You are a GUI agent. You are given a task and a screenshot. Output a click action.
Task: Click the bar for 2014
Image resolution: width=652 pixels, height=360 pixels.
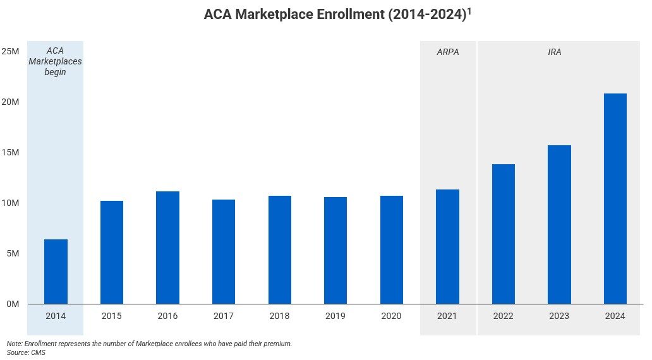[x=56, y=272]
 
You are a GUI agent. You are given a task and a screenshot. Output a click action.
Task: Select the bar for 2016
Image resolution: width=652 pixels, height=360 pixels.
[x=167, y=248]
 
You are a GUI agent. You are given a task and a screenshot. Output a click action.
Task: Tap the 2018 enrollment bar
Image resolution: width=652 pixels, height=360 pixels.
[x=279, y=250]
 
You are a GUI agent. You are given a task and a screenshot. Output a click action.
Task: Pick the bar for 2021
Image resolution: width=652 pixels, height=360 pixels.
[x=447, y=247]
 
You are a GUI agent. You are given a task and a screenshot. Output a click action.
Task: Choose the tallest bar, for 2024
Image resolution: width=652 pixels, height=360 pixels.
[x=615, y=199]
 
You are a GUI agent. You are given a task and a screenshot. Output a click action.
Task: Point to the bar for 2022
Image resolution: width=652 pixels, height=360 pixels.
[x=503, y=234]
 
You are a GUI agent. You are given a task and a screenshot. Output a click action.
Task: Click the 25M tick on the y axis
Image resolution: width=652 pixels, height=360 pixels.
[x=10, y=51]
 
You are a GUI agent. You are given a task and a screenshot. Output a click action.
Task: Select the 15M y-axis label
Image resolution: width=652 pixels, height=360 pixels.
[x=10, y=152]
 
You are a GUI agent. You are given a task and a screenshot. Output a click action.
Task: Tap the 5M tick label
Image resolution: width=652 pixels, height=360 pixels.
[x=13, y=253]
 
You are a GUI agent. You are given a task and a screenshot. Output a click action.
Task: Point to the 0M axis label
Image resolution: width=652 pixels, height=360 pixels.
[x=13, y=304]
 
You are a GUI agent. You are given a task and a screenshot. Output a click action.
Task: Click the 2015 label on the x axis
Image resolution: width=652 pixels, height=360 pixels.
[x=111, y=316]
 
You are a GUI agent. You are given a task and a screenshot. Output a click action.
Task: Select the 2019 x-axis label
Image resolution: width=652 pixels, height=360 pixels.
[x=335, y=316]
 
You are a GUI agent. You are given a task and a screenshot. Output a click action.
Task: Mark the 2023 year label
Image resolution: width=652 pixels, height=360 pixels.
[x=559, y=316]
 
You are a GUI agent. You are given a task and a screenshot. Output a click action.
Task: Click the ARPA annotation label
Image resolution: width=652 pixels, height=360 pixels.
[x=447, y=52]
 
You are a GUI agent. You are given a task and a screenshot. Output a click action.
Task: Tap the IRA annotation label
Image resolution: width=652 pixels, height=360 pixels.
[x=554, y=52]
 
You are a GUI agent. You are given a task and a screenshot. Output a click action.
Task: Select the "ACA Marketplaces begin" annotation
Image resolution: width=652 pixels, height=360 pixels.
[x=56, y=62]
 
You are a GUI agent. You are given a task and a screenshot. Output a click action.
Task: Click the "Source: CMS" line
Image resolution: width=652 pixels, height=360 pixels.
[x=26, y=352]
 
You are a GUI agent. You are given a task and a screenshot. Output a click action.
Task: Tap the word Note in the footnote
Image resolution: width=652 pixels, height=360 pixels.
[x=14, y=344]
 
